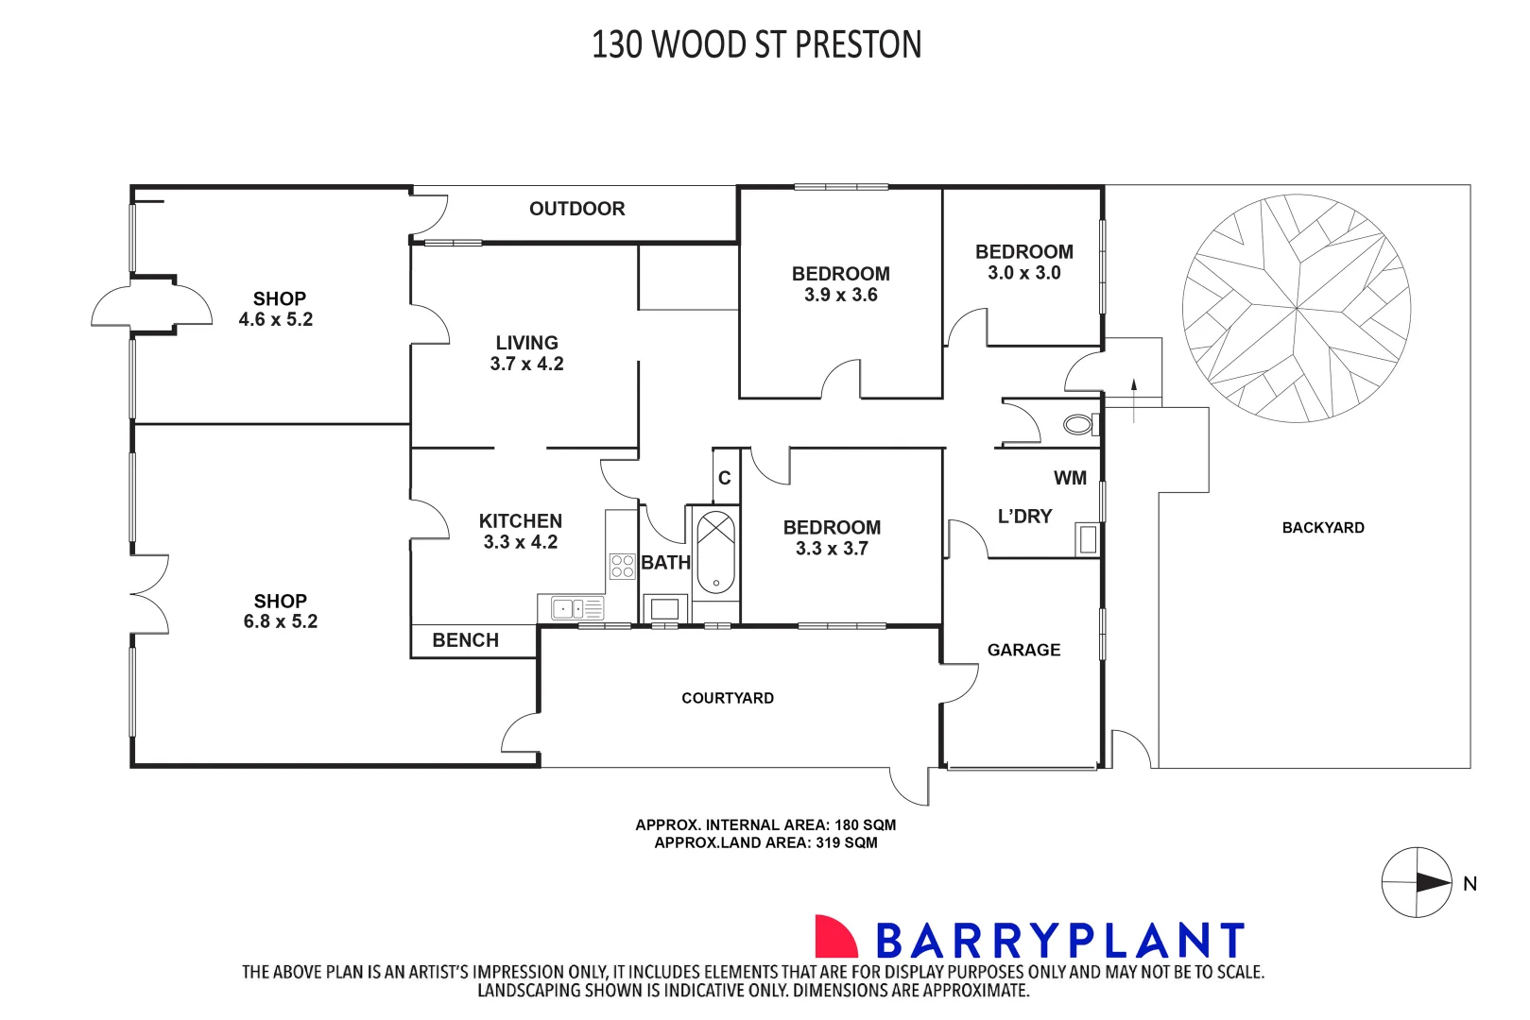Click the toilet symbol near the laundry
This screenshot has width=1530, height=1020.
[x=1078, y=424]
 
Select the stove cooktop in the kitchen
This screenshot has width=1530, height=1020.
[x=622, y=566]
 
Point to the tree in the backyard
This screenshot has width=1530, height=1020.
[x=1296, y=308]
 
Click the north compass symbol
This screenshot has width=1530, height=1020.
[x=1417, y=882]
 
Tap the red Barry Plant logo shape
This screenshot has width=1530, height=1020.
[x=834, y=937]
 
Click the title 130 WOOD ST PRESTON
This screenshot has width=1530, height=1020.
[x=756, y=44]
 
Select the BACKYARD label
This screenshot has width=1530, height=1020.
[x=1322, y=528]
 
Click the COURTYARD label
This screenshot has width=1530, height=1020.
[x=727, y=698]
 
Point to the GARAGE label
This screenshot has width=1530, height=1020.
[x=1023, y=650]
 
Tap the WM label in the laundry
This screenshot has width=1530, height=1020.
[x=1070, y=478]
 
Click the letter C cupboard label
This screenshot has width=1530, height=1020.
[x=724, y=478]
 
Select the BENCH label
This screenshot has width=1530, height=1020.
[x=465, y=640]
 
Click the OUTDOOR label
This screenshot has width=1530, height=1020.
[x=576, y=209]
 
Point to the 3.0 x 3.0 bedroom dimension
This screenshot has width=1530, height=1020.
[x=1023, y=273]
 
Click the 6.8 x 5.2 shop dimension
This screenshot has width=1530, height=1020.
[x=280, y=621]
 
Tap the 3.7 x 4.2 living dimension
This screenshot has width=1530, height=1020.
[x=526, y=364]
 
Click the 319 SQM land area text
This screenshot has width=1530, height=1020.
[x=846, y=842]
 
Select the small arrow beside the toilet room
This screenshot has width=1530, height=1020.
[x=1133, y=386]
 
